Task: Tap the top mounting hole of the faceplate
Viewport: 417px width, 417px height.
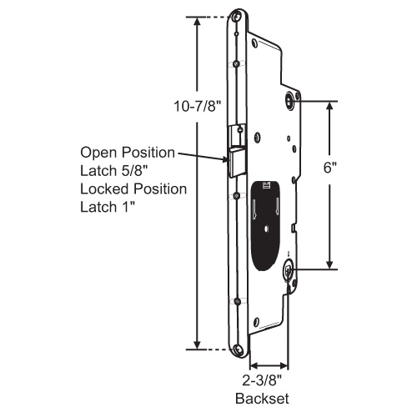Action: coord(239,18)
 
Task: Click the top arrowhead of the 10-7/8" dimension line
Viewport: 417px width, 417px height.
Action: coord(198,21)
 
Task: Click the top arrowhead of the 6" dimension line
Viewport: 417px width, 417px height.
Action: coord(334,107)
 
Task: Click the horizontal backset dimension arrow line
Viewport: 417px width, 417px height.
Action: coord(269,365)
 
